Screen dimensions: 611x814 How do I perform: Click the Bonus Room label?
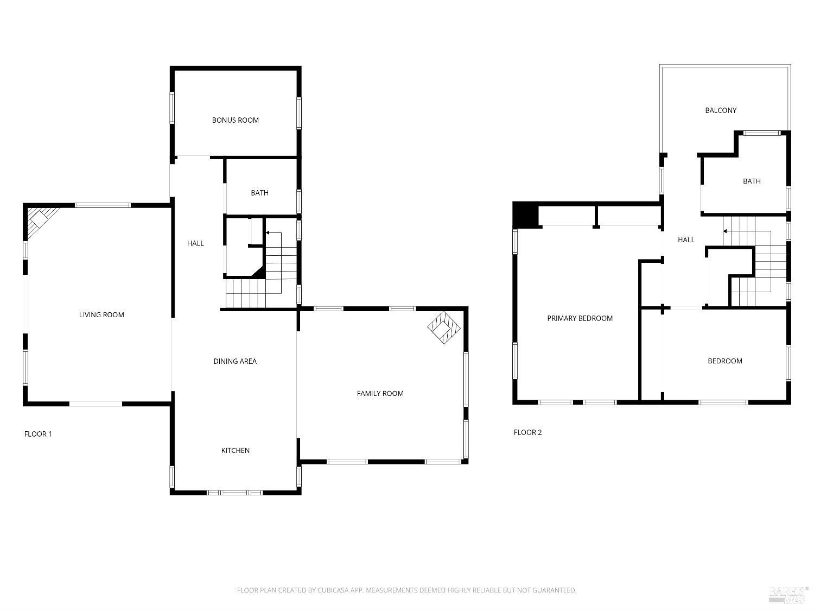235,120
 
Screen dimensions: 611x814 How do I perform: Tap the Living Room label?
101,314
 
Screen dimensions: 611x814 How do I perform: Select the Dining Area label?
235,361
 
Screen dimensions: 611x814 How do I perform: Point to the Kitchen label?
236,450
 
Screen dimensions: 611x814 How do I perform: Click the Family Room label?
380,393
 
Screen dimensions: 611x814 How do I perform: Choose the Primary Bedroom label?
580,318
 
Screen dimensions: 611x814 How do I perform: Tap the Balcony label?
721,110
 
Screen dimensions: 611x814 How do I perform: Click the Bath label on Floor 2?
752,181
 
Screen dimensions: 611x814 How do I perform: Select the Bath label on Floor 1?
259,193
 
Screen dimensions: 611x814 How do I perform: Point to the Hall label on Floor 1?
195,243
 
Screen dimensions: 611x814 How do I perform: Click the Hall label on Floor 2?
686,240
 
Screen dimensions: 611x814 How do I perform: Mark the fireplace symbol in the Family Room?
444,327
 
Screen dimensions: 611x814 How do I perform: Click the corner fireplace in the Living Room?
38,219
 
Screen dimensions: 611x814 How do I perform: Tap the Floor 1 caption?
38,434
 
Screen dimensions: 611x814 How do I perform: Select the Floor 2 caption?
527,432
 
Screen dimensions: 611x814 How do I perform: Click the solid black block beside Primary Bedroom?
525,214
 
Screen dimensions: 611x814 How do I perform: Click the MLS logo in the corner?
788,594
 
